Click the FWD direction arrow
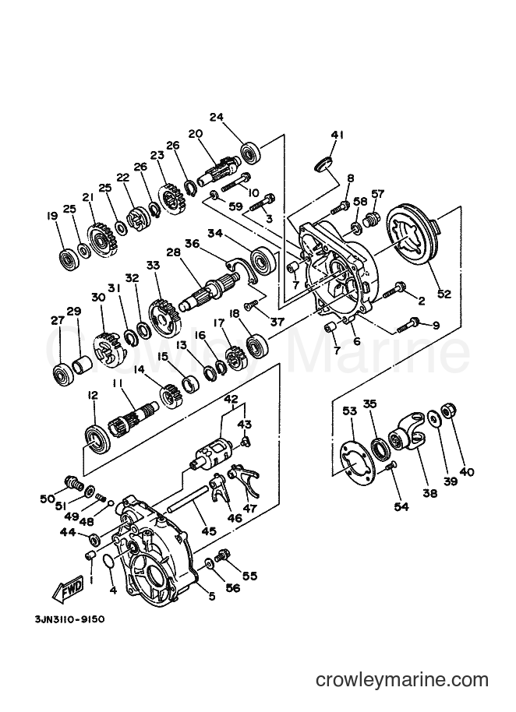point(67,589)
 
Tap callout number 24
point(217,117)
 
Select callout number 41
point(337,135)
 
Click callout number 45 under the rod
point(209,530)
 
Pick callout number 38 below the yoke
point(429,492)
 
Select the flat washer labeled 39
point(433,418)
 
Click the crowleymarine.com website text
point(402,680)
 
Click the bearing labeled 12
point(97,438)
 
